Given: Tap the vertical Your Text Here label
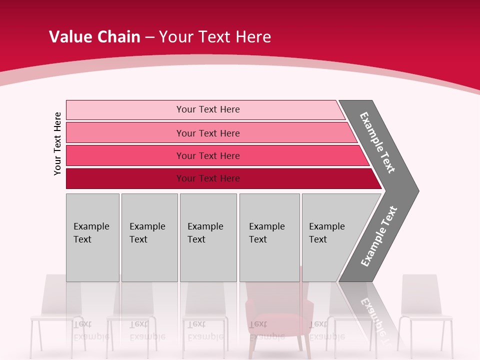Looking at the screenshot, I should point(57,143).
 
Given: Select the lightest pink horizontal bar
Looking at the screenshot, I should point(205,109).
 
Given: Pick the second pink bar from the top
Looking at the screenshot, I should point(208,133).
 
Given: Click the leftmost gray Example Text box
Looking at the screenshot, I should point(92,237).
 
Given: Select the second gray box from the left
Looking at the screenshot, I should point(149,237).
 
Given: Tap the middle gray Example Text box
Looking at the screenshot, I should point(208,237).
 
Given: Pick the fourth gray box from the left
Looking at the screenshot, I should point(269,237).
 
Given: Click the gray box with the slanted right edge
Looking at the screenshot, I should point(330,237).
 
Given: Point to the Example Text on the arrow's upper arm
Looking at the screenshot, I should point(377,142).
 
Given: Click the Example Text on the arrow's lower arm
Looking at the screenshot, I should point(379,236).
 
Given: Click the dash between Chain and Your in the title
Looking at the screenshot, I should point(149,37).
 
